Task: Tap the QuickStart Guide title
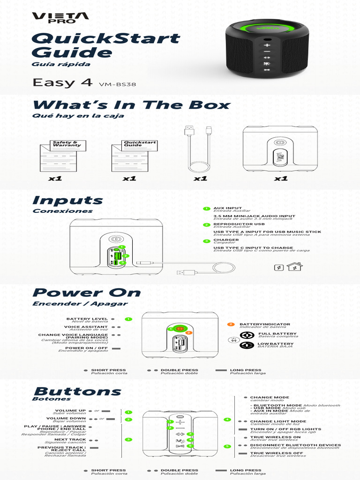(x=106, y=45)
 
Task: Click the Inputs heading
(x=67, y=201)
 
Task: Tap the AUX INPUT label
(x=228, y=208)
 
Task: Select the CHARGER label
(x=226, y=240)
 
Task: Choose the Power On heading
(x=87, y=293)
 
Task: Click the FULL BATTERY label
(x=277, y=334)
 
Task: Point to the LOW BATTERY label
(x=276, y=344)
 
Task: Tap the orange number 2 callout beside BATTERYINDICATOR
(x=231, y=324)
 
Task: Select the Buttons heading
(x=77, y=391)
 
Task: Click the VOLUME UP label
(x=70, y=411)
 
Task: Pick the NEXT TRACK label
(x=70, y=440)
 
